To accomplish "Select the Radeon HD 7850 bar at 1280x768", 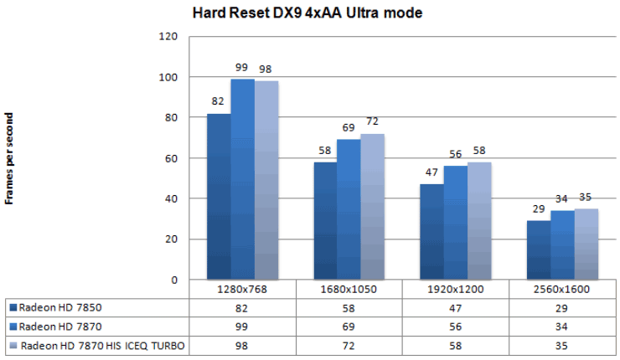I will (219, 196).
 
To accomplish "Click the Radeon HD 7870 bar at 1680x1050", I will (349, 209).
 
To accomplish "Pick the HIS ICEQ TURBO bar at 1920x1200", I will (479, 220).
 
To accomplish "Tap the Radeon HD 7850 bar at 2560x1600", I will (539, 249).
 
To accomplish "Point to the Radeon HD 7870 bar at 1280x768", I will (242, 179).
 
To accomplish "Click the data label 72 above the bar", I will (373, 122).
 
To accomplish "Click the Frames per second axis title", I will (9, 158).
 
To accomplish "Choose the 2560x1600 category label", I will (563, 289).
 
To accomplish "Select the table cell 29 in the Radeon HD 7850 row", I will (563, 307).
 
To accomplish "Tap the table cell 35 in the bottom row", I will (563, 345).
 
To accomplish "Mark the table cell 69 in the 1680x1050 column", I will (349, 327).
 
